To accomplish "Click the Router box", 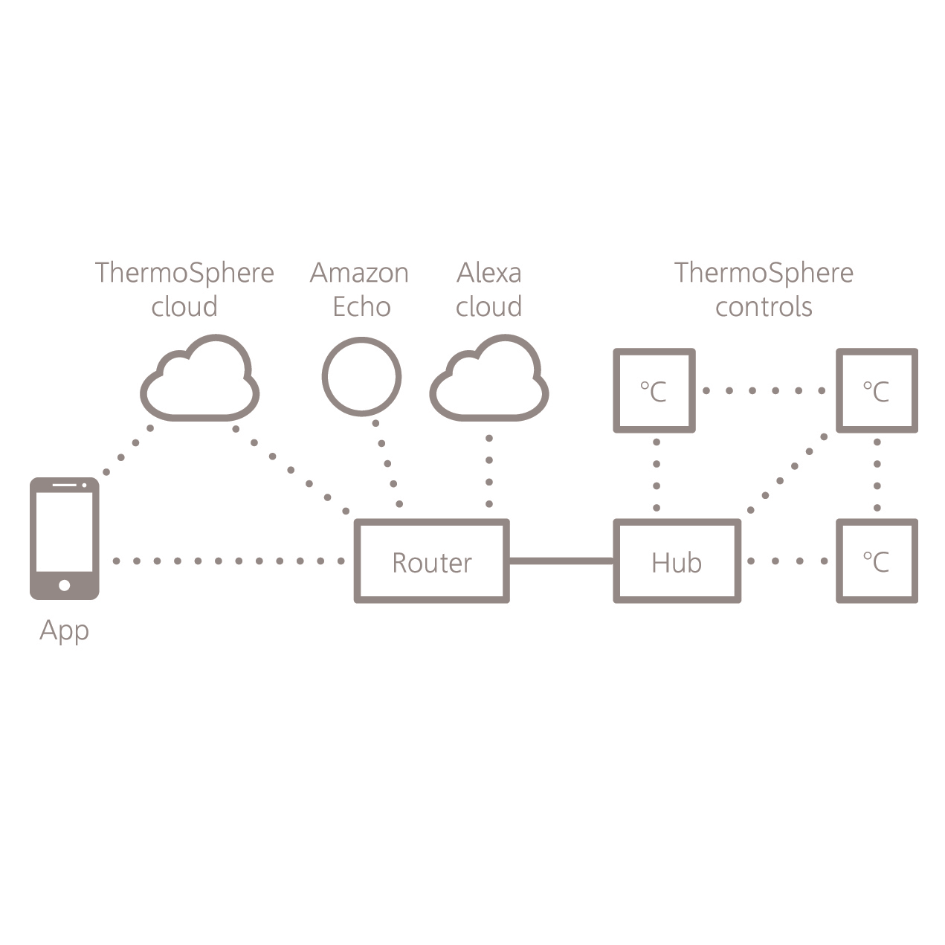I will (x=431, y=561).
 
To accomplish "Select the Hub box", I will (x=677, y=561).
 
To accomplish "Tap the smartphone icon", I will (x=64, y=538).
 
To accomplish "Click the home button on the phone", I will (x=64, y=585).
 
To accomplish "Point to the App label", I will (x=64, y=630).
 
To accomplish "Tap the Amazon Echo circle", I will (x=361, y=376).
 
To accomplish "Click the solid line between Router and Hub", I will (x=561, y=561).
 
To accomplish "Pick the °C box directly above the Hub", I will (x=654, y=390).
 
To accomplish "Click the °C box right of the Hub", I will (x=877, y=561).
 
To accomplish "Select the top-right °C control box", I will (x=877, y=390).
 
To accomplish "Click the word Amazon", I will (x=359, y=273).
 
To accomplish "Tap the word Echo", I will (x=361, y=306).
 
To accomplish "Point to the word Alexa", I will (x=488, y=273).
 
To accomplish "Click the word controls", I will (x=764, y=306).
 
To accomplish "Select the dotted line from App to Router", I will (x=228, y=561).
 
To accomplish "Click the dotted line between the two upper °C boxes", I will (x=764, y=390).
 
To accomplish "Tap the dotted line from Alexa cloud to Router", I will (x=489, y=471).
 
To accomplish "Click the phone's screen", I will (x=64, y=532).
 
